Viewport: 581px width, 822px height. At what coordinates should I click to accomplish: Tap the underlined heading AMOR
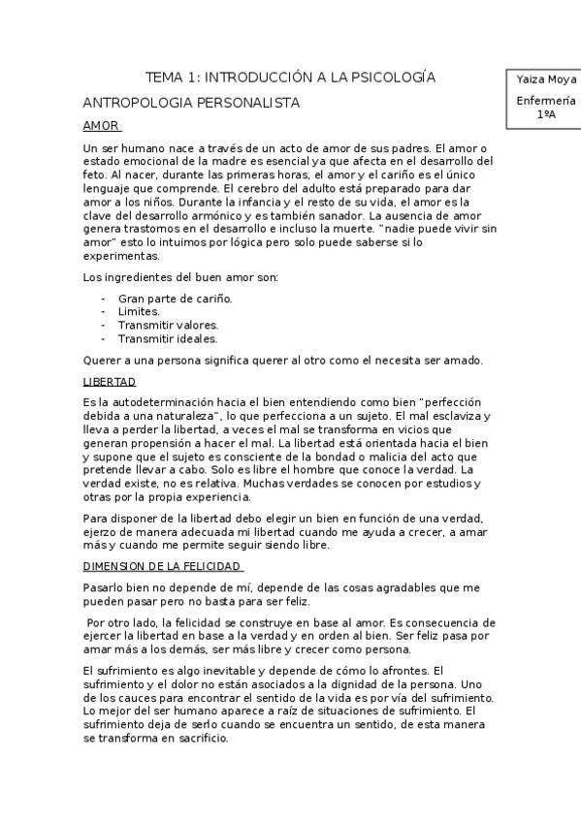pos(101,126)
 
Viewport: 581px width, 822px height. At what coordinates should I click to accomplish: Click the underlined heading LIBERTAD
pos(110,382)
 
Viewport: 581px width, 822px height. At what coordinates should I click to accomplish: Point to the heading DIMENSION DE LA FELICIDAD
pos(163,566)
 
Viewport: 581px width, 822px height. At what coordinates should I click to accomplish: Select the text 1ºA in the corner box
pos(544,113)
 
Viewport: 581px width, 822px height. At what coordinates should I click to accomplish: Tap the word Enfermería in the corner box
pos(544,100)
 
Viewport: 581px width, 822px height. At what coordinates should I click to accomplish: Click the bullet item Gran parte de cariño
pos(175,299)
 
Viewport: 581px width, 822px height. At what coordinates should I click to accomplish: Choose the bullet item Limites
pos(139,312)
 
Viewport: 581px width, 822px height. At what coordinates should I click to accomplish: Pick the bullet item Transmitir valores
pos(168,326)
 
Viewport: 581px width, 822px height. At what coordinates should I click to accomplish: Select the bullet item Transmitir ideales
pos(167,339)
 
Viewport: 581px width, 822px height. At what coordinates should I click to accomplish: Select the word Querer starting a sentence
pos(102,361)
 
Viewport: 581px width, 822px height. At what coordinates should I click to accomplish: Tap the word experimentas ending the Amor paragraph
pos(120,256)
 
